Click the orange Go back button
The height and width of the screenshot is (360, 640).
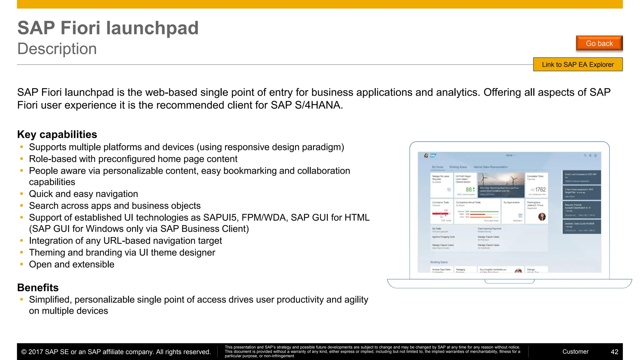pyautogui.click(x=599, y=43)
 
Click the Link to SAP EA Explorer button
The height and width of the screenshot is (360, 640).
pyautogui.click(x=577, y=65)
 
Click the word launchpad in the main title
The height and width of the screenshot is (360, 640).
pyautogui.click(x=152, y=28)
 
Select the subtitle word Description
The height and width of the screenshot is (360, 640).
pyautogui.click(x=57, y=49)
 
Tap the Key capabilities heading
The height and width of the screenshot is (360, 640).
pyautogui.click(x=57, y=134)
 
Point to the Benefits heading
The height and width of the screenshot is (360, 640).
pyautogui.click(x=38, y=287)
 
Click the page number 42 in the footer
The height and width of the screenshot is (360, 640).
pyautogui.click(x=614, y=352)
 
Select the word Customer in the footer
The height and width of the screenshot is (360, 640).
pyautogui.click(x=575, y=352)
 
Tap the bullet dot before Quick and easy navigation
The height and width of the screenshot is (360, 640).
pyautogui.click(x=22, y=194)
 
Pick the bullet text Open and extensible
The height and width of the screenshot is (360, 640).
pyautogui.click(x=72, y=264)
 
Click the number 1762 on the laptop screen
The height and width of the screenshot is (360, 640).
pyautogui.click(x=540, y=190)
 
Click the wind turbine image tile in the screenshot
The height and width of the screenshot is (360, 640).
pyautogui.click(x=501, y=184)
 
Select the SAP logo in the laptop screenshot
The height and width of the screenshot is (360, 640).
pyautogui.click(x=433, y=155)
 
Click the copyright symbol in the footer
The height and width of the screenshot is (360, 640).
pyautogui.click(x=24, y=352)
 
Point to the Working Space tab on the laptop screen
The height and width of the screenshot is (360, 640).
pyautogui.click(x=458, y=167)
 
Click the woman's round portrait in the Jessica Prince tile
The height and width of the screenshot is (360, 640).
pyautogui.click(x=542, y=217)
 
